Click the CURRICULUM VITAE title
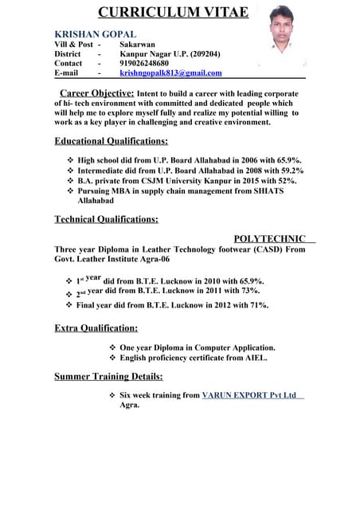point(173,13)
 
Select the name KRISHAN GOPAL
point(95,34)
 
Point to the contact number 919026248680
point(144,63)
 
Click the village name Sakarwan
point(138,44)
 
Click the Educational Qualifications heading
point(111,141)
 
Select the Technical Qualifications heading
point(106,219)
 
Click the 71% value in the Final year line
point(258,304)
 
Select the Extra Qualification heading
point(96,328)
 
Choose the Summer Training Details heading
point(108,376)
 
